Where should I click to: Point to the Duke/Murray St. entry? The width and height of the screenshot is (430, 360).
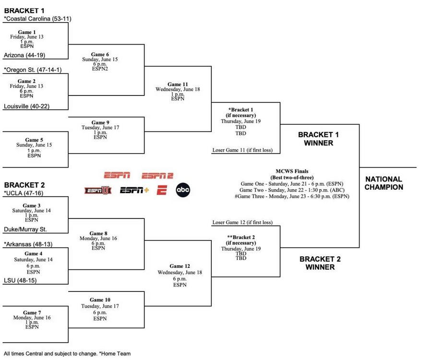pyautogui.click(x=26, y=229)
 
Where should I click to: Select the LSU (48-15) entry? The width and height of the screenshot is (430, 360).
pyautogui.click(x=20, y=280)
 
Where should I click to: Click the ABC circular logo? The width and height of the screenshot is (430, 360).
pyautogui.click(x=183, y=190)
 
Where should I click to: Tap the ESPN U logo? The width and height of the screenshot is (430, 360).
pyautogui.click(x=98, y=191)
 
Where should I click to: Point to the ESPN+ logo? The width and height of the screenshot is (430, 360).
pyautogui.click(x=134, y=191)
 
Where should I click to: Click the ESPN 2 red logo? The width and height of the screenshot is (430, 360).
pyautogui.click(x=158, y=175)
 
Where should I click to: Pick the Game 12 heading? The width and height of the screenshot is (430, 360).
pyautogui.click(x=180, y=266)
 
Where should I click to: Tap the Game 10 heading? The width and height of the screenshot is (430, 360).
pyautogui.click(x=100, y=300)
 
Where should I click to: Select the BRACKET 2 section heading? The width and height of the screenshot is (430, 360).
pyautogui.click(x=24, y=185)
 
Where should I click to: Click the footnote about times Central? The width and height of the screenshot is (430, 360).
pyautogui.click(x=67, y=353)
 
